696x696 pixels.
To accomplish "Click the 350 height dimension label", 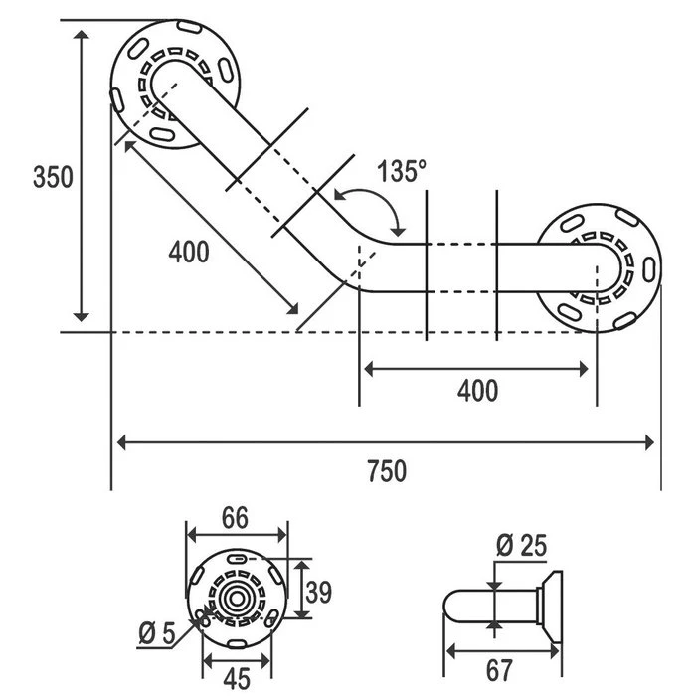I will [53, 178].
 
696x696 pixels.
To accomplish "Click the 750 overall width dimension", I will [386, 470].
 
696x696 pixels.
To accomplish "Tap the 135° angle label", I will [402, 171].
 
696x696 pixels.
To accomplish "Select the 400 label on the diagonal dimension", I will [189, 253].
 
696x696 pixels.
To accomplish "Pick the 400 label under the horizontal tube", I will [477, 391].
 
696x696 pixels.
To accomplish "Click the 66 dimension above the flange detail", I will [235, 518].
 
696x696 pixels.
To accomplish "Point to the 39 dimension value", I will [317, 593].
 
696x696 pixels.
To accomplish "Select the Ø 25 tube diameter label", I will [520, 545].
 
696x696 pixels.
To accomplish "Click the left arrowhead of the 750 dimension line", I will [119, 441].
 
